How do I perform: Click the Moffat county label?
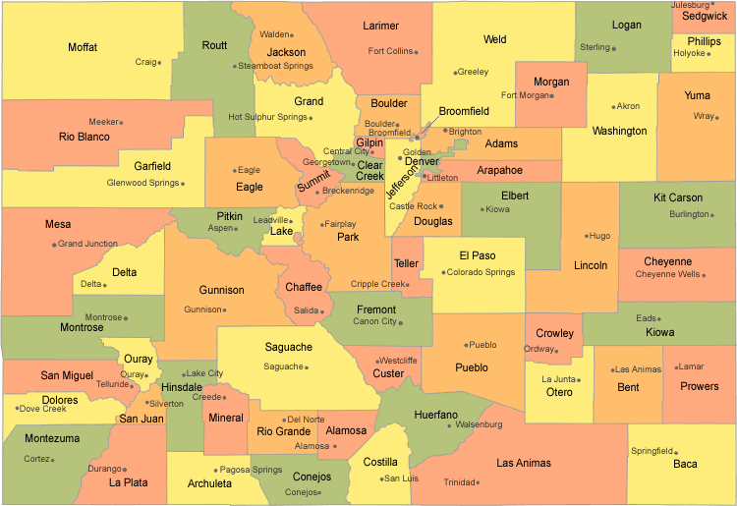[x=83, y=47]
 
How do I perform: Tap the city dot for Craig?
[x=160, y=62]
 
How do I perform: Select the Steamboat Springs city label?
[x=275, y=66]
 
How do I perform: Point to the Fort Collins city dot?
[x=417, y=51]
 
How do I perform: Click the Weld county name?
[x=494, y=39]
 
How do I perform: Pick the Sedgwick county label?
[x=705, y=17]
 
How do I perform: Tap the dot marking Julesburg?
[x=712, y=5]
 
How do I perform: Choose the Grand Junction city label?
[x=87, y=244]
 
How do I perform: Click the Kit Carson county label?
[x=678, y=197]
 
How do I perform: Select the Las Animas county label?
[x=524, y=463]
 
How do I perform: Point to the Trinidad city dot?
[x=479, y=482]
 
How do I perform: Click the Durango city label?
[x=103, y=469]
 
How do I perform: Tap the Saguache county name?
[x=288, y=347]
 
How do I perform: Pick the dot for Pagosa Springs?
[x=216, y=470]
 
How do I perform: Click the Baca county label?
[x=685, y=464]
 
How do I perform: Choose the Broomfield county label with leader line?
[x=464, y=111]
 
